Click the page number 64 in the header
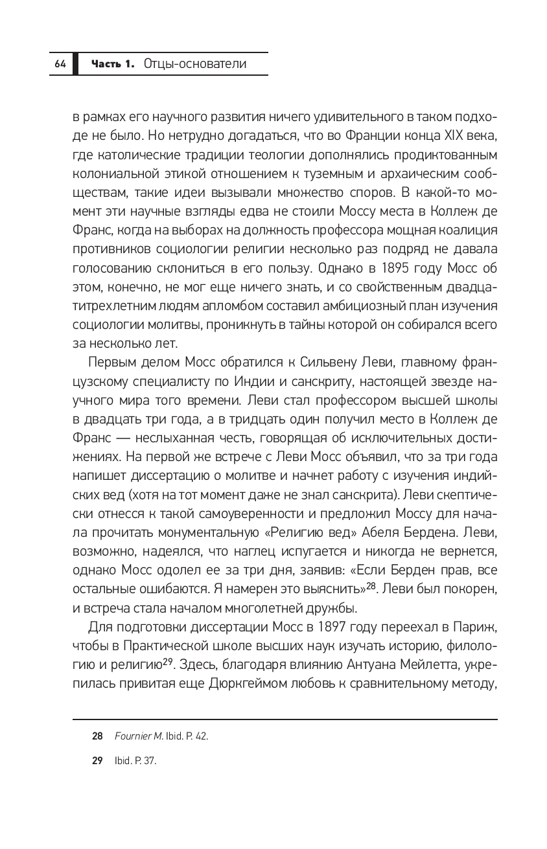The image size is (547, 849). [x=60, y=63]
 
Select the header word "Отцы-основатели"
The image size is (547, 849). [x=195, y=63]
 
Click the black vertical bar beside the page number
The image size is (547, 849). [x=76, y=63]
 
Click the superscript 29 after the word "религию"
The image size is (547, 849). [x=167, y=662]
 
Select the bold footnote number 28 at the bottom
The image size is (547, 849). [x=97, y=736]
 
